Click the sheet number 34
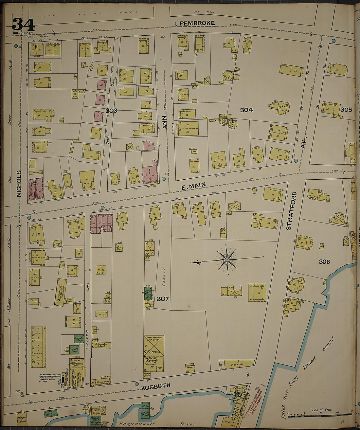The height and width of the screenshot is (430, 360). pyautogui.click(x=23, y=24)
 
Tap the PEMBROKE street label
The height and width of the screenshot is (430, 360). pyautogui.click(x=197, y=23)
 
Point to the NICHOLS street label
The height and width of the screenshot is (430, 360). pyautogui.click(x=19, y=184)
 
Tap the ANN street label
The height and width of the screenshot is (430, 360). pyautogui.click(x=165, y=121)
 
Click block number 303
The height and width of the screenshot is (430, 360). pyautogui.click(x=111, y=111)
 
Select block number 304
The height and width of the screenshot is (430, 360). pyautogui.click(x=246, y=110)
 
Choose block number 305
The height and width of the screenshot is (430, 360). pyautogui.click(x=346, y=110)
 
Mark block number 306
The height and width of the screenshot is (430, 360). pyautogui.click(x=324, y=261)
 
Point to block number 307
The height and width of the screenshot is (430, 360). pyautogui.click(x=162, y=299)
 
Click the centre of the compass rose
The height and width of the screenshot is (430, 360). pyautogui.click(x=227, y=260)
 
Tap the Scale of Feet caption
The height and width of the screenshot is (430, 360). pyautogui.click(x=321, y=410)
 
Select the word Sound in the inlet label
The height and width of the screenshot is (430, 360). pyautogui.click(x=329, y=344)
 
